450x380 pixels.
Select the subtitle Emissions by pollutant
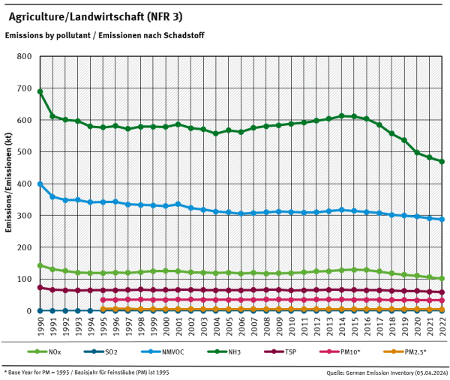pyautogui.click(x=104, y=35)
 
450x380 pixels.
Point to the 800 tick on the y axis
pyautogui.click(x=24, y=57)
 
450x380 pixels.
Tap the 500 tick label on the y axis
pyautogui.click(x=24, y=152)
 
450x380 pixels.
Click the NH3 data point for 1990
pyautogui.click(x=40, y=91)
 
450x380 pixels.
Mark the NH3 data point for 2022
pyautogui.click(x=442, y=161)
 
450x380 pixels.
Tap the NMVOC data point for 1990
pyautogui.click(x=40, y=184)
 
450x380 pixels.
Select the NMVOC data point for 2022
pyautogui.click(x=442, y=219)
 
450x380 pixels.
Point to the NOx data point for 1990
pyautogui.click(x=40, y=265)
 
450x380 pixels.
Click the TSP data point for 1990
pyautogui.click(x=40, y=287)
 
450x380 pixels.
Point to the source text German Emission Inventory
pyautogui.click(x=385, y=372)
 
